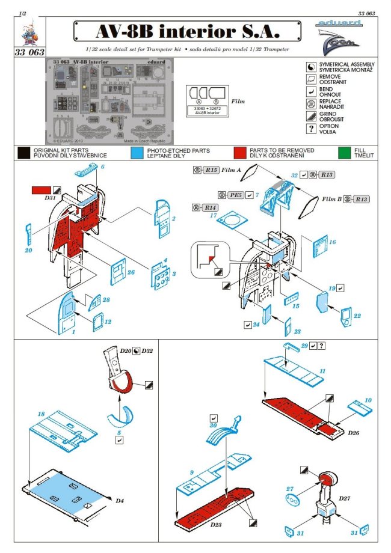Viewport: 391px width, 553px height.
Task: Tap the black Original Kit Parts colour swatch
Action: [24, 153]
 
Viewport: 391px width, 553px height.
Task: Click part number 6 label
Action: [103, 167]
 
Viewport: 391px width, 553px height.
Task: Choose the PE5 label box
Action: [234, 195]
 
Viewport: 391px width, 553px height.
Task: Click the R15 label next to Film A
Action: [211, 170]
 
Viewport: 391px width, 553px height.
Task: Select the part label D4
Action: [119, 500]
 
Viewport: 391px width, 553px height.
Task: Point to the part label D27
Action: [345, 498]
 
